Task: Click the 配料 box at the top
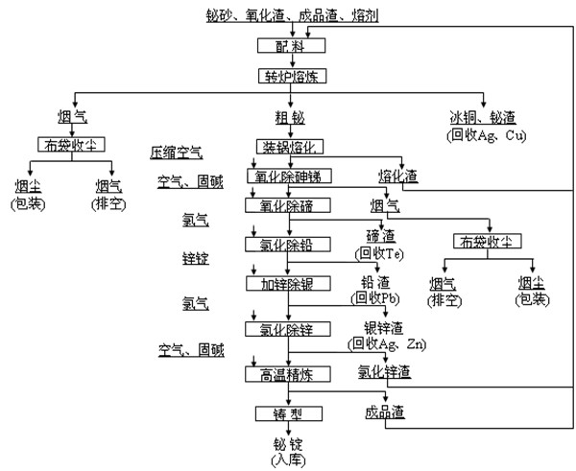293,45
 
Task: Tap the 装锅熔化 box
293,146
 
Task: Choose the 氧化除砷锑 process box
294,177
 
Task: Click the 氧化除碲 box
293,205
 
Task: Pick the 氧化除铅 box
293,245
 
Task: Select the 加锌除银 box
293,284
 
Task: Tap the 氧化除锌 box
293,329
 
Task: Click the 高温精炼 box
293,372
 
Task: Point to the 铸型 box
293,412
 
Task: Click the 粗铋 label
293,117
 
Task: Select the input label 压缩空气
177,152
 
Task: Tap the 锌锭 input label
195,259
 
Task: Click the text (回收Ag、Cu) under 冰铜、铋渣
485,133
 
